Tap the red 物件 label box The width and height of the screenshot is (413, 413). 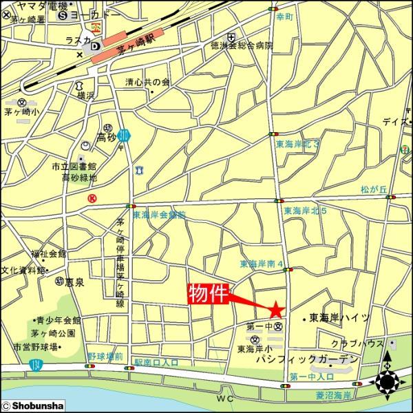pos(208,294)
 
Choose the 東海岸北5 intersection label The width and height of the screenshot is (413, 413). pos(304,210)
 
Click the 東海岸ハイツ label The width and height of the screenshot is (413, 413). pos(339,318)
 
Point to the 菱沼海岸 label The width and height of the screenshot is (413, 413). pos(334,395)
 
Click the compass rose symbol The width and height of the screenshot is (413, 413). pos(387,381)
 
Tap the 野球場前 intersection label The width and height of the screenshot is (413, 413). pos(105,357)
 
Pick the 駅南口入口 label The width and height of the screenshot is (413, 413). pos(156,361)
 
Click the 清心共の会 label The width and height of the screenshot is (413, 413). pos(147,82)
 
